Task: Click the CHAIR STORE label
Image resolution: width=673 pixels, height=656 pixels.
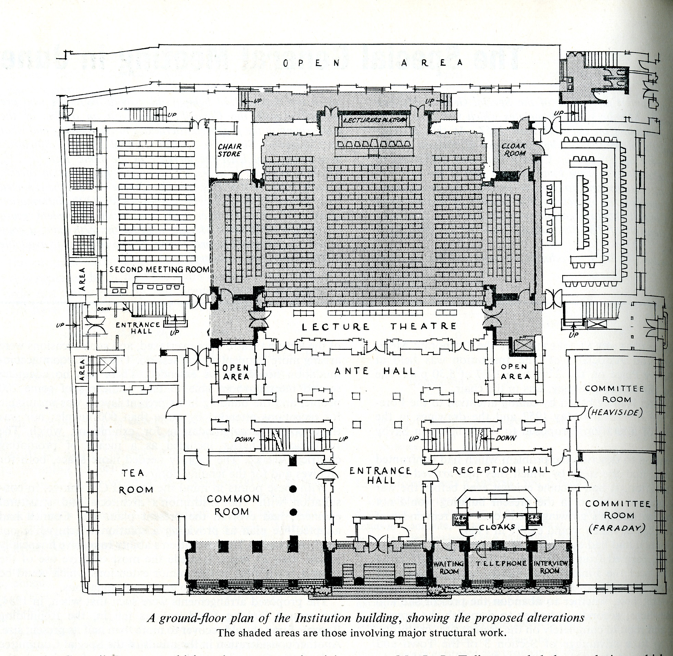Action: coord(229,150)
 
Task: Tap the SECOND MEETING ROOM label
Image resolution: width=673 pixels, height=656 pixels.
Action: coord(159,269)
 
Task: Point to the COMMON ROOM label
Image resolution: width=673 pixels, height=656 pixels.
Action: coord(233,505)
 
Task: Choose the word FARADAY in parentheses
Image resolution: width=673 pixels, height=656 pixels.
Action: coord(616,528)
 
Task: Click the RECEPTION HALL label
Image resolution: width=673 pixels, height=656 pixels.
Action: coord(501,469)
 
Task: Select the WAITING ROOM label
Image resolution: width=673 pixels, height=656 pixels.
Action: coord(449,567)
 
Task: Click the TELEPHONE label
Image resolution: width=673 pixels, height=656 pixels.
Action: coord(498,563)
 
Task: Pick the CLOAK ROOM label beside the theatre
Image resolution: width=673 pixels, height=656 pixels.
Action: coord(514,150)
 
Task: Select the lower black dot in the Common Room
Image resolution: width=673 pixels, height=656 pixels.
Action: coord(294,512)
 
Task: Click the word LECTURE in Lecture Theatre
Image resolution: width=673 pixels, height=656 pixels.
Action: coord(335,326)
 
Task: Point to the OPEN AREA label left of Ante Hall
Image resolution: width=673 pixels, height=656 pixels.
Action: coord(236,372)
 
